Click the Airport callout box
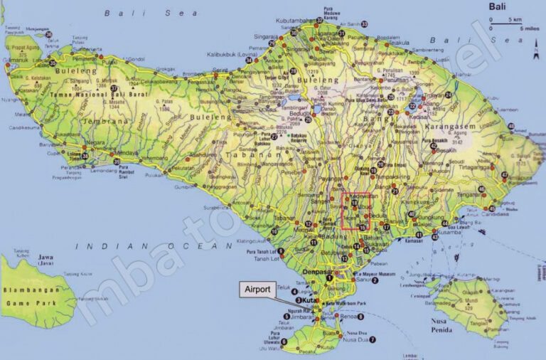point(257,289)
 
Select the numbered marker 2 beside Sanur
point(375,280)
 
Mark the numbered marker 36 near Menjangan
point(48,34)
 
